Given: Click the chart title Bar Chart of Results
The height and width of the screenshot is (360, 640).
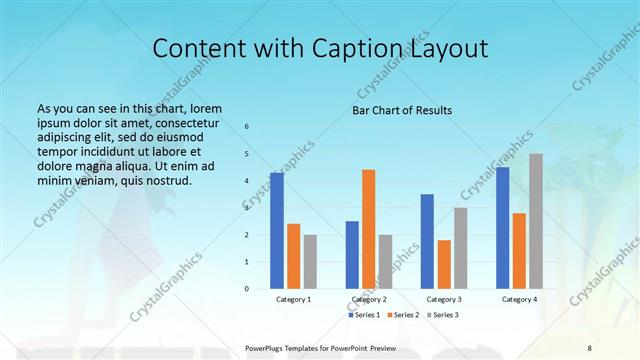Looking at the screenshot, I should pyautogui.click(x=402, y=110).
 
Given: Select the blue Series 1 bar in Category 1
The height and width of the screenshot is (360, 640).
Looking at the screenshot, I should pyautogui.click(x=277, y=231).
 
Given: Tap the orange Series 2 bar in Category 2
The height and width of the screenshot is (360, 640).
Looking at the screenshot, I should pyautogui.click(x=368, y=229).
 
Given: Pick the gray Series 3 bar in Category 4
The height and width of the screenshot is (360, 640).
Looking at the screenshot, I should pyautogui.click(x=536, y=221).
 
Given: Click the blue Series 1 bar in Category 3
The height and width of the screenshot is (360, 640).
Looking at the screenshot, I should pyautogui.click(x=427, y=241).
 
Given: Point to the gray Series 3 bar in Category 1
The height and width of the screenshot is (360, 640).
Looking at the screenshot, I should pyautogui.click(x=310, y=262).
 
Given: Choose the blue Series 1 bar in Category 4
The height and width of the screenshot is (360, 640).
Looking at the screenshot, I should pyautogui.click(x=502, y=228).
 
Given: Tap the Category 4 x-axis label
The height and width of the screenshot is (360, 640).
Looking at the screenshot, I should pyautogui.click(x=519, y=299).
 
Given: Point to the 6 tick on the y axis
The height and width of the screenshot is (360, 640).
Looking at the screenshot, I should pyautogui.click(x=247, y=127).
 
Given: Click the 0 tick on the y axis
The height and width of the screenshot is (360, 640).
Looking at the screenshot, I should pyautogui.click(x=247, y=289).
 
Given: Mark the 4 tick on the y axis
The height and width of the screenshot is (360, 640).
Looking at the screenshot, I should pyautogui.click(x=247, y=181).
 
